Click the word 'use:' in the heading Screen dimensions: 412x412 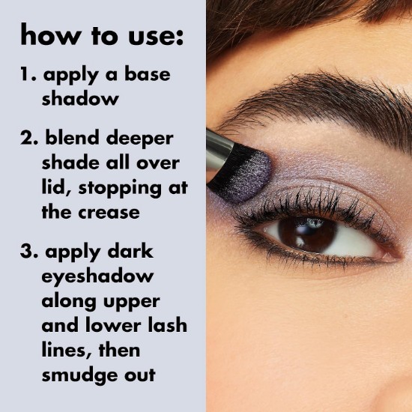pos(156,36)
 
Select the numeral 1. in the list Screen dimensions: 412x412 pos(28,74)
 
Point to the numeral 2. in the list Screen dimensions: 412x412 pos(29,138)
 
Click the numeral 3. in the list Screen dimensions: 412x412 pos(29,251)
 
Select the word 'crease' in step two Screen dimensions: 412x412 pos(109,213)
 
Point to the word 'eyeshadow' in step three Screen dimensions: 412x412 pos(97,277)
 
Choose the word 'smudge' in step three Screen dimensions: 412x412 pos(80,376)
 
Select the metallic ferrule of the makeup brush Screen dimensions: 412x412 pos(216,151)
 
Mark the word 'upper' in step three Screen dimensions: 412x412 pos(131,302)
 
